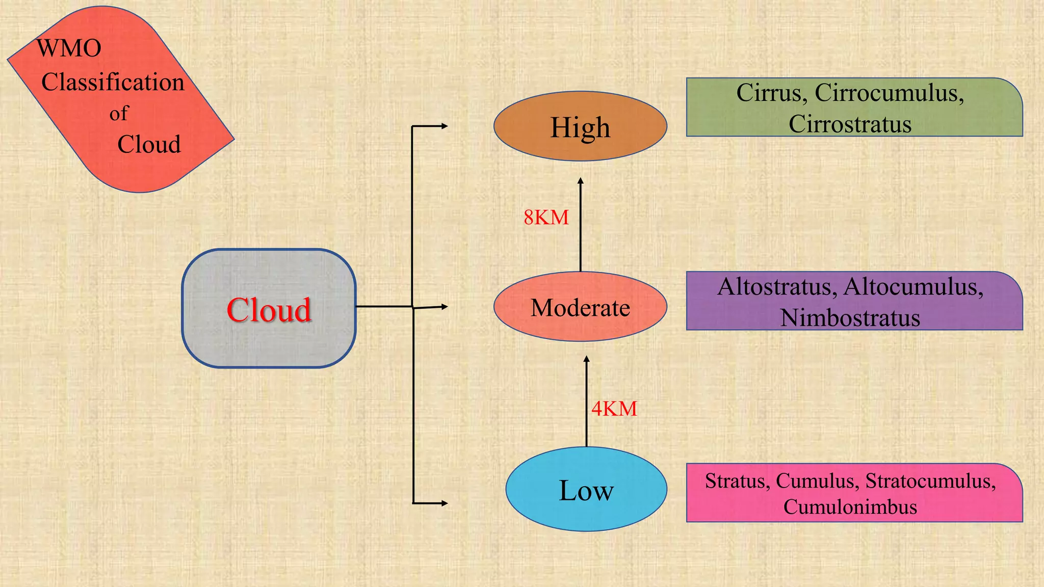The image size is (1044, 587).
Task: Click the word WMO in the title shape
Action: pos(69,48)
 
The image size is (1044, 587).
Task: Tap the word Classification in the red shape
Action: pos(113,83)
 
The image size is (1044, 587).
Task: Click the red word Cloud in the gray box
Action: pos(269,310)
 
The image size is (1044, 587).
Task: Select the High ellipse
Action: pos(580,127)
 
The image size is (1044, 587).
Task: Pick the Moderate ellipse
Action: pos(580,307)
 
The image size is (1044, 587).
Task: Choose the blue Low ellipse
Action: pos(586,490)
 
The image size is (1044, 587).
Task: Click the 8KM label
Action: pos(546,218)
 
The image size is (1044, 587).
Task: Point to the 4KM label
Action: pos(614,409)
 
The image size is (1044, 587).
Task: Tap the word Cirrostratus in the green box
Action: pos(850,124)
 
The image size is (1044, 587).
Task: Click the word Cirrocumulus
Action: pos(889,93)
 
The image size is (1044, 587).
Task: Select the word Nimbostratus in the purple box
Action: pos(850,318)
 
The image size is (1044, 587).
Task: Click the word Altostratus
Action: pos(777,287)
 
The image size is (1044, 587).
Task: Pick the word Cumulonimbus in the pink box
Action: pos(850,507)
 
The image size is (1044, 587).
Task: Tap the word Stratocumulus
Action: pos(930,481)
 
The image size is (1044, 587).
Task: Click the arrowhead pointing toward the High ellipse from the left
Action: pos(444,126)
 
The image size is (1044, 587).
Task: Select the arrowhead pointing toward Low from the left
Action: pos(444,503)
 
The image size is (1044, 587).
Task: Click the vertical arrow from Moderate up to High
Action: pos(580,224)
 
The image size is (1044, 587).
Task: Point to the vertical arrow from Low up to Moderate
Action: pos(586,403)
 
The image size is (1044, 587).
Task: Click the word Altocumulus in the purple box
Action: pos(913,287)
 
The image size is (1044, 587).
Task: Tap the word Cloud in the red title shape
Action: pos(149,145)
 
